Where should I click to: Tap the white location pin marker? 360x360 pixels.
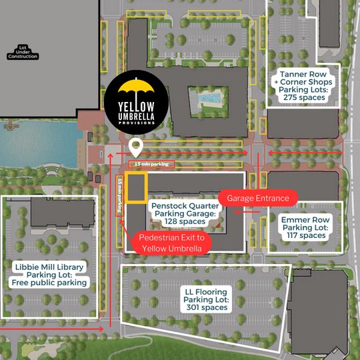click(x=136, y=146)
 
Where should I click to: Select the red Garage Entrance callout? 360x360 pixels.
click(x=258, y=198)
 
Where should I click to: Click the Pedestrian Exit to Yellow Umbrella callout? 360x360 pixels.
click(x=172, y=243)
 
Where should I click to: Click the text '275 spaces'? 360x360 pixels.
click(x=303, y=97)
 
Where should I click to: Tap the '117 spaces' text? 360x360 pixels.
click(x=304, y=235)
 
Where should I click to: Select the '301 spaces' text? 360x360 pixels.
click(x=206, y=308)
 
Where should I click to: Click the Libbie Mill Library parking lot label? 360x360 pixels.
click(x=49, y=275)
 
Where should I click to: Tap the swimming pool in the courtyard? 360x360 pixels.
click(x=209, y=99)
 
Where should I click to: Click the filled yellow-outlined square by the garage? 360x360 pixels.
click(x=137, y=187)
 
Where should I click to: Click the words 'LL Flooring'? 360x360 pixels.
click(x=206, y=291)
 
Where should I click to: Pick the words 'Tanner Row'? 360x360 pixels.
click(x=303, y=73)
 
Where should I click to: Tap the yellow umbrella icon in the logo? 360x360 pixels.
click(x=137, y=87)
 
